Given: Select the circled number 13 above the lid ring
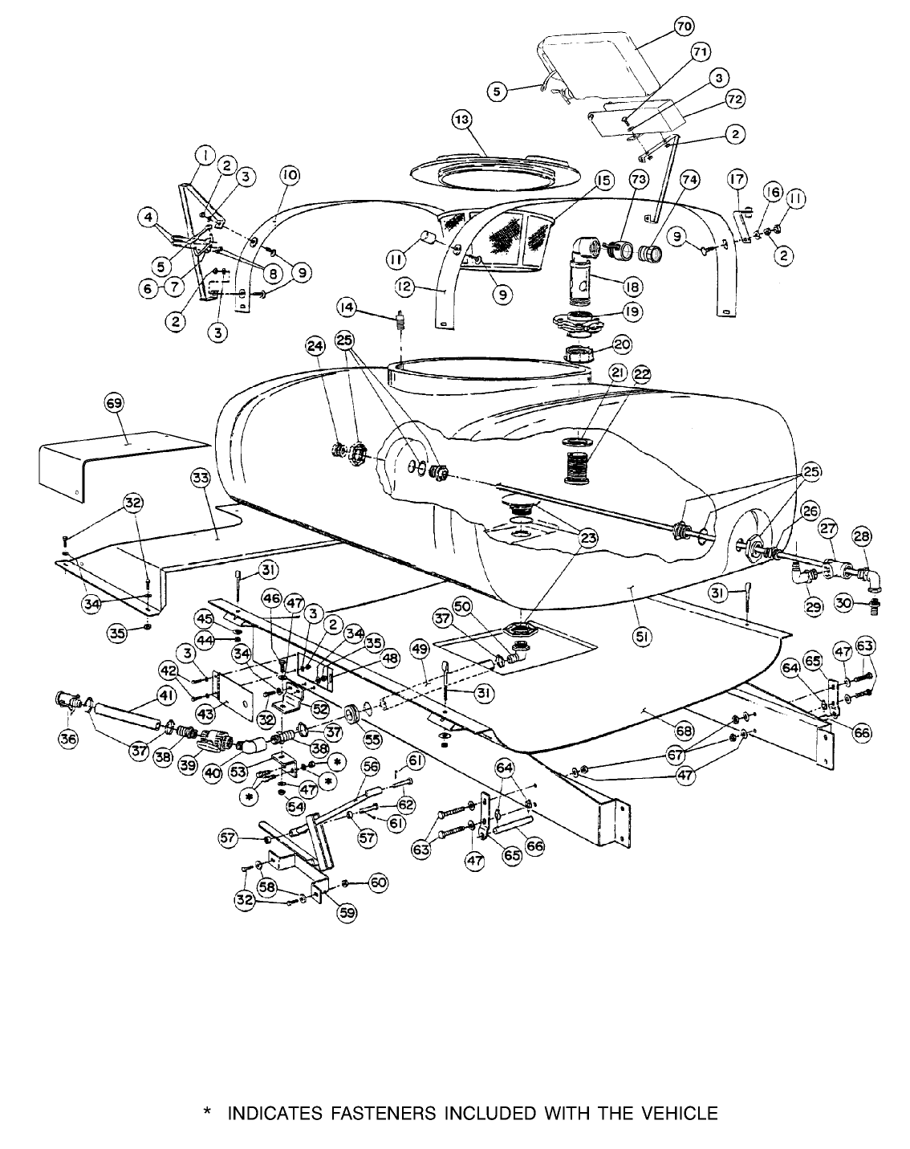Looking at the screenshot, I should [463, 120].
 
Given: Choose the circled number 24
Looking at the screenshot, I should [314, 347].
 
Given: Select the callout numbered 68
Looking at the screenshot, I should [685, 731].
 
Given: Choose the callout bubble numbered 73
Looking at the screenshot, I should [639, 181].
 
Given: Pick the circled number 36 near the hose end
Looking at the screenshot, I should [68, 740].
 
